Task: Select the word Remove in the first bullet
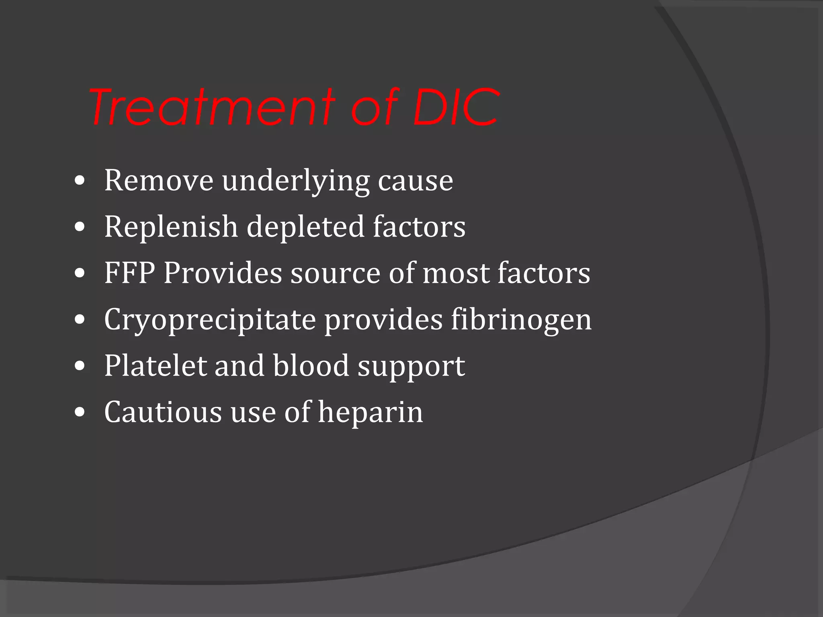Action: click(x=158, y=180)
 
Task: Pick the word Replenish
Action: click(x=171, y=227)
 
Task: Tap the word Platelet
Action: click(x=155, y=366)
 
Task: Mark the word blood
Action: click(x=311, y=366)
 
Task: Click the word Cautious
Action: click(x=163, y=412)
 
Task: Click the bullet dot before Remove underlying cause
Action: click(x=80, y=181)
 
